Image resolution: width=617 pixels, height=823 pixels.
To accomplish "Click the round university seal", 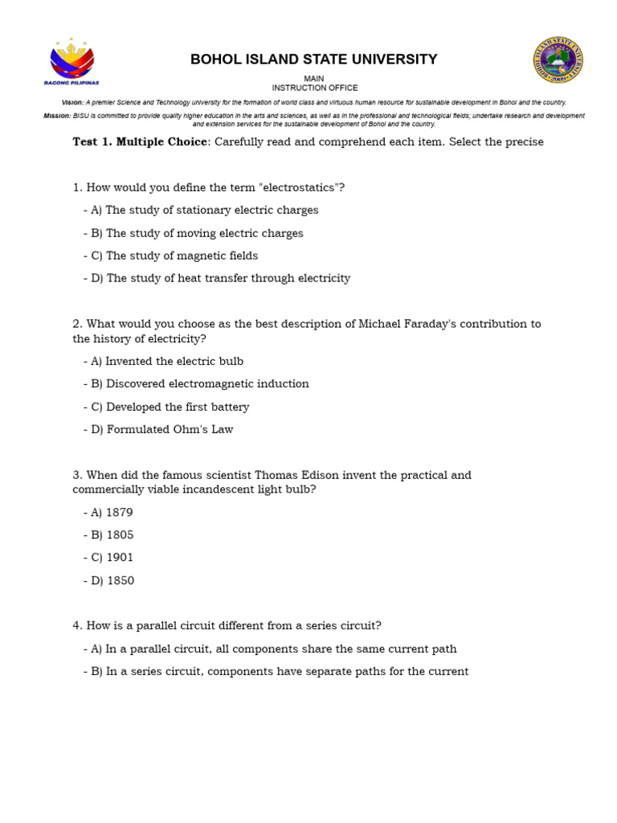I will (x=558, y=59).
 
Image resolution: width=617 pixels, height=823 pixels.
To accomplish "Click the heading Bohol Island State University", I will (x=313, y=59).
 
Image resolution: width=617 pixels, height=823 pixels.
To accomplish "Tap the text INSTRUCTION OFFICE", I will (x=314, y=88).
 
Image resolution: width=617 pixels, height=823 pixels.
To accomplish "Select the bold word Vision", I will (x=72, y=103).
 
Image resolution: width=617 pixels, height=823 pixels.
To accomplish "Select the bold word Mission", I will (x=56, y=116).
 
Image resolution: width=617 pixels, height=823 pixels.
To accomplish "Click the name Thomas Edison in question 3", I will (x=291, y=475).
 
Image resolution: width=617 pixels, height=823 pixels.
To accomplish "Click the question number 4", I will (x=76, y=625).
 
